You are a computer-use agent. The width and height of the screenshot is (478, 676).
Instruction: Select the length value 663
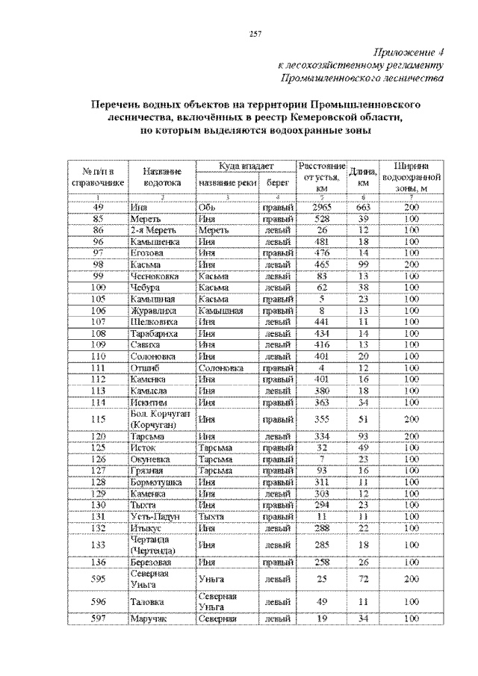[x=364, y=206]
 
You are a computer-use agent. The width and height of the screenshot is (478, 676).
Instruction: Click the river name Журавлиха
[x=153, y=309]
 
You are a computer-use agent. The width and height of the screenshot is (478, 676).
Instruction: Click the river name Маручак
[x=148, y=618]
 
